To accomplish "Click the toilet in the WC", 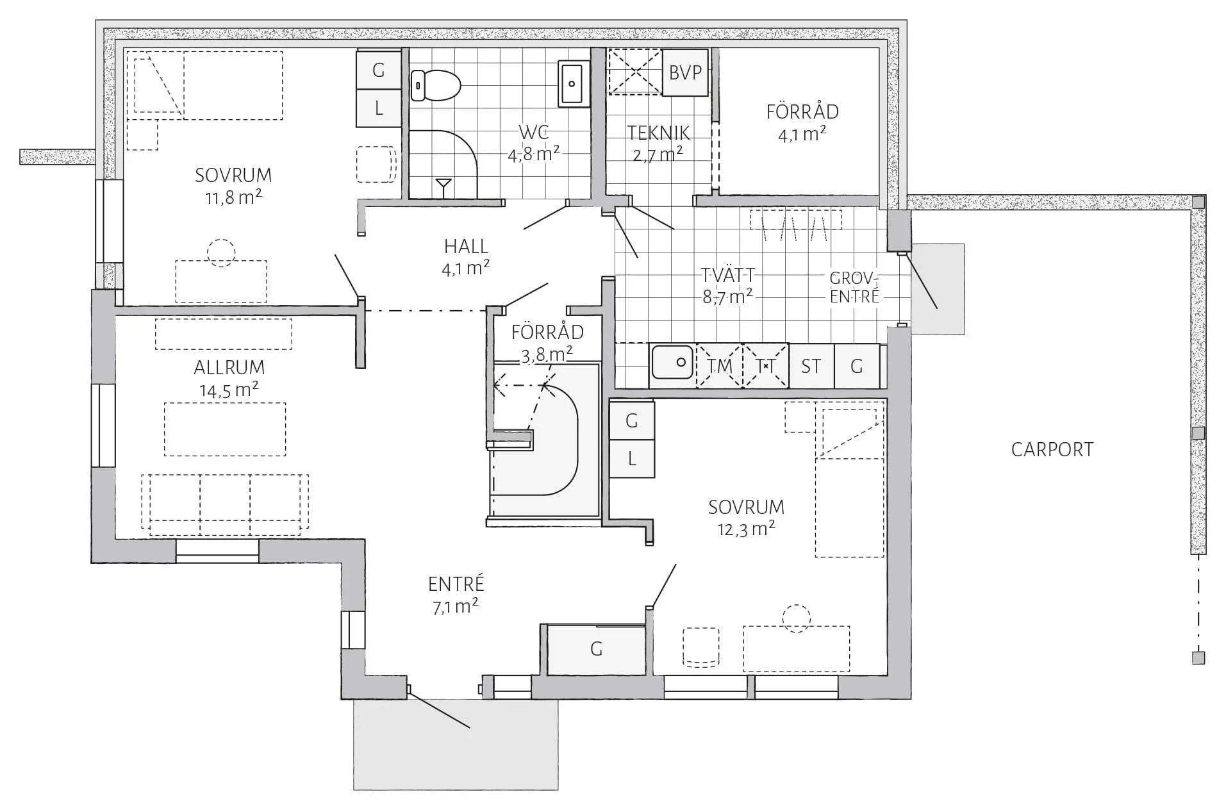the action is (x=436, y=85).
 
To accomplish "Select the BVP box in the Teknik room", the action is (x=685, y=72).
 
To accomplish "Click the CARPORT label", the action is (x=1052, y=450).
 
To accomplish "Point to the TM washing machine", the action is (x=719, y=366).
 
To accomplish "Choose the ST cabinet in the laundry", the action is (x=811, y=366).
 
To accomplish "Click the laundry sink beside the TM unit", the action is (x=672, y=363).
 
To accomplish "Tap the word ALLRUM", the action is (x=229, y=368).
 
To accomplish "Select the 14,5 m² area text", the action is (x=229, y=390).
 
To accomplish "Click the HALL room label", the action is (x=466, y=246).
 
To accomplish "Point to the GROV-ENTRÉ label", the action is (x=854, y=287).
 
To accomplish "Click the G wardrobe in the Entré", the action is (x=596, y=649).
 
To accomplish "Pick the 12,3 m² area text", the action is (x=746, y=529).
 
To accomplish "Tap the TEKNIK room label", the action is (x=658, y=133).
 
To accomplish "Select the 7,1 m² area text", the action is (x=456, y=606).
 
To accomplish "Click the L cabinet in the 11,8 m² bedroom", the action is (x=379, y=108).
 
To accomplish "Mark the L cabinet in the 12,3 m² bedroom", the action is (x=632, y=458).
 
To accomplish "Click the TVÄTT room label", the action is (x=727, y=275).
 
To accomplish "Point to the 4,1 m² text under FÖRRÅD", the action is (x=802, y=134).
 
